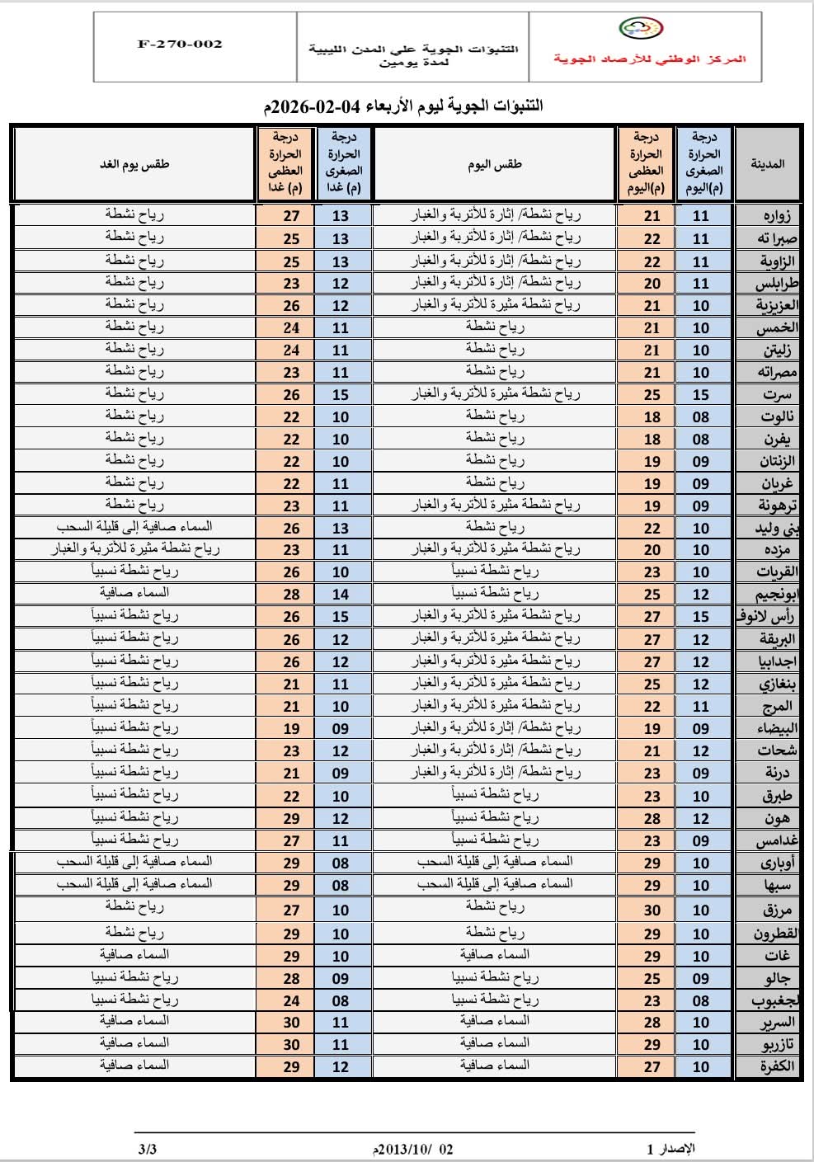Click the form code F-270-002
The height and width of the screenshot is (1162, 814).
click(180, 44)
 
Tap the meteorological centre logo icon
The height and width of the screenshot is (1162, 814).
click(640, 29)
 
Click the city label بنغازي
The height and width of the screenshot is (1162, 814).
click(777, 684)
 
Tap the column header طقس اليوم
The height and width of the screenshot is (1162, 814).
click(495, 163)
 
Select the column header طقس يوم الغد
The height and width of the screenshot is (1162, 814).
click(134, 163)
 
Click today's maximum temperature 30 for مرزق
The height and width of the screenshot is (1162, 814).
click(652, 910)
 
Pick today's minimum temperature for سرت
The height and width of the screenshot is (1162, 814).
click(701, 395)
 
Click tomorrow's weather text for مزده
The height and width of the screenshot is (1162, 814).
click(134, 548)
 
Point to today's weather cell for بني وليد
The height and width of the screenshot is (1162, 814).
click(495, 526)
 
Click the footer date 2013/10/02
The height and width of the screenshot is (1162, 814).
click(413, 1149)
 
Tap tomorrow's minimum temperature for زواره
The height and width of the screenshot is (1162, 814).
click(341, 216)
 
